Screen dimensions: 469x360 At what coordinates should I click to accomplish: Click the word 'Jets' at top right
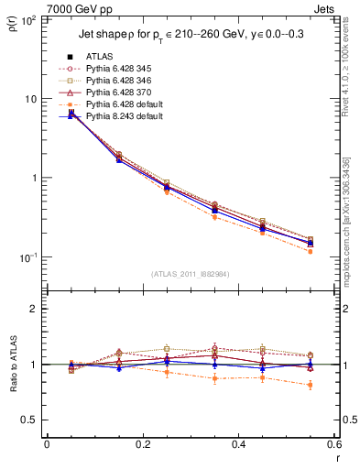pyautogui.click(x=328, y=8)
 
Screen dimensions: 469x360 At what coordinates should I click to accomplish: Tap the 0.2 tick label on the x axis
pyautogui.click(x=143, y=444)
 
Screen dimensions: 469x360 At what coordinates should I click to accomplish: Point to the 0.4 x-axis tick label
pyautogui.click(x=239, y=444)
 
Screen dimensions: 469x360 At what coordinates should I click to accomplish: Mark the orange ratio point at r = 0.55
pyautogui.click(x=311, y=385)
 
